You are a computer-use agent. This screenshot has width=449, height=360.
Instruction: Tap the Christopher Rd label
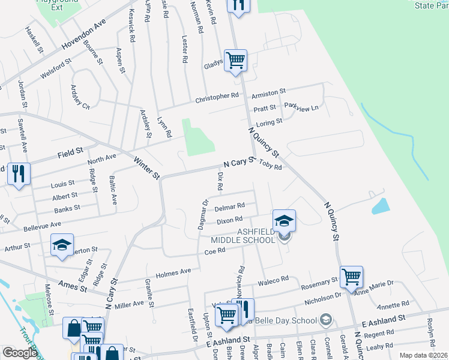(217, 97)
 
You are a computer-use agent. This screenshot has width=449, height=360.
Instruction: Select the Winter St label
(146, 168)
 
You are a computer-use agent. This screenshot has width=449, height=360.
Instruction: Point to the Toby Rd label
(270, 167)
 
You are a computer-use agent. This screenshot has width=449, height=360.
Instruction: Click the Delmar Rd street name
(231, 206)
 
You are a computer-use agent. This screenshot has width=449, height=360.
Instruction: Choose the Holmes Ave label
(173, 273)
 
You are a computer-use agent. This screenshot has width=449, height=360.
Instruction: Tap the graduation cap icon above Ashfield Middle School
(285, 219)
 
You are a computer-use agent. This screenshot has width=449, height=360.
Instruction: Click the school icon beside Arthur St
(62, 245)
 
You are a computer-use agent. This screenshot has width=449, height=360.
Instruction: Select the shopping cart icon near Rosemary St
(351, 276)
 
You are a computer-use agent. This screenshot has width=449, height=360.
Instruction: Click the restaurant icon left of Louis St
(19, 174)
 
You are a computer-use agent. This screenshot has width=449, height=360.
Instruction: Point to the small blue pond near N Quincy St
(381, 206)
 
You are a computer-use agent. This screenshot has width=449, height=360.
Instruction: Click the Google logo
(20, 353)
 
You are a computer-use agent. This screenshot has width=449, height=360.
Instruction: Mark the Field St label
(70, 154)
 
